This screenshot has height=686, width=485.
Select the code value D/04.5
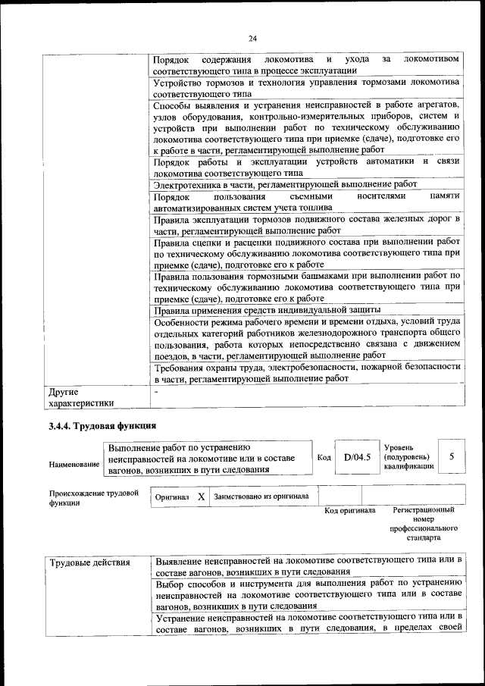coord(356,456)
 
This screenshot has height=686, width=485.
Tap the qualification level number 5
coord(452,456)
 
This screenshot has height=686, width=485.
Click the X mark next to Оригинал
coord(201,496)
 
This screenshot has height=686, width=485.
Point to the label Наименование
coord(74,463)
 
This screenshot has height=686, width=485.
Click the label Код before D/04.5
coord(324,457)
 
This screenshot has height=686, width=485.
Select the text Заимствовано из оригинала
coord(261,496)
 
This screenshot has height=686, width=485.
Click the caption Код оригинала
coord(350,511)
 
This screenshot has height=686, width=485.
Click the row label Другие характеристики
coord(81,398)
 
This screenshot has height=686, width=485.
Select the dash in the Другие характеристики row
coord(155,392)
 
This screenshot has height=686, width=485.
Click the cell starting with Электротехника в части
coord(285,184)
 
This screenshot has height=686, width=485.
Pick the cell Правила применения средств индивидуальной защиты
coord(278,310)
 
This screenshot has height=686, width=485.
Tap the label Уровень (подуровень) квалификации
coord(409,457)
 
